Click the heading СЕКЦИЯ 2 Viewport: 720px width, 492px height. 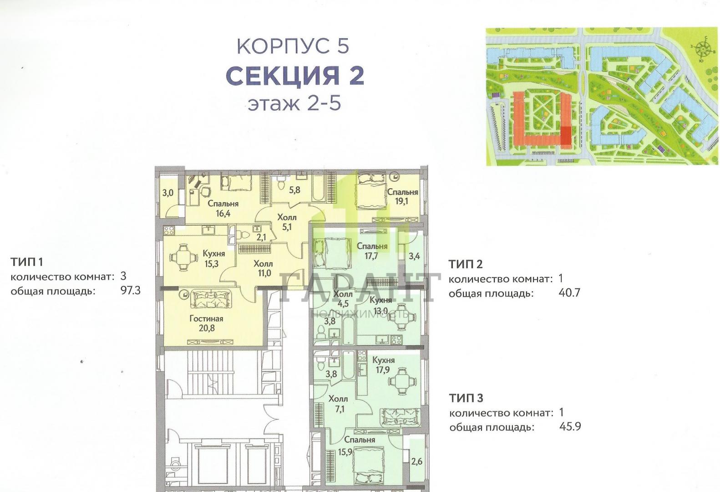295,75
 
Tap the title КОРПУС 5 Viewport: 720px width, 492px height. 293,46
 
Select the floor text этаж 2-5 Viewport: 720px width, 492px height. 294,103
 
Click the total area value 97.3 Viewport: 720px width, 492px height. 130,291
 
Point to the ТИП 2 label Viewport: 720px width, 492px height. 466,264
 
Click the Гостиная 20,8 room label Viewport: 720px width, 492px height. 206,323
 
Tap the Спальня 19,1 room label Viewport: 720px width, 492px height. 402,197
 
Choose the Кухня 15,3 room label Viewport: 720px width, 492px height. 213,258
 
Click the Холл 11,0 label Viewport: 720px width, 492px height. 263,268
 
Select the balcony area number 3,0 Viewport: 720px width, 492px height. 167,193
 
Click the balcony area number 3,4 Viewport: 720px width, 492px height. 414,256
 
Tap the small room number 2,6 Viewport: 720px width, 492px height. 417,461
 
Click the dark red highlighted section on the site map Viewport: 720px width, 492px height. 566,136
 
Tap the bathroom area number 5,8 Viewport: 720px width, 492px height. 294,190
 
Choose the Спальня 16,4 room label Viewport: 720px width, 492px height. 223,208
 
